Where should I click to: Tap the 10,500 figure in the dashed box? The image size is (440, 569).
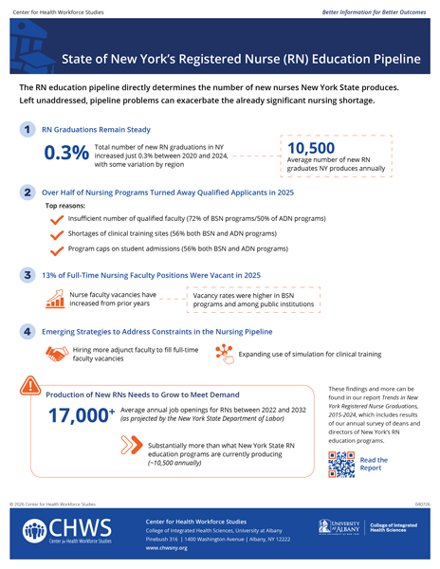(309, 149)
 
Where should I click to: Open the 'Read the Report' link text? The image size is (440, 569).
(374, 462)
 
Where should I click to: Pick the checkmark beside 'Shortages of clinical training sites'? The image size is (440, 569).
(55, 233)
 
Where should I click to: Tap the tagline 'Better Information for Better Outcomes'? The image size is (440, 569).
(378, 10)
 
